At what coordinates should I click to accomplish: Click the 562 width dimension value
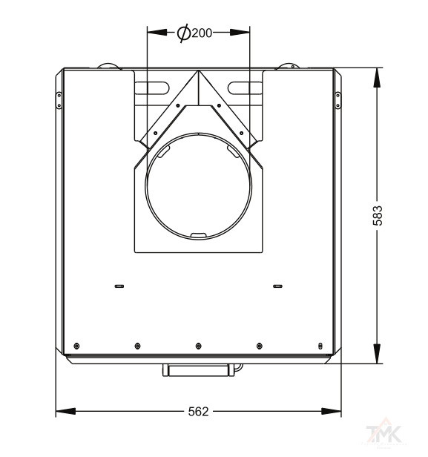[198, 412]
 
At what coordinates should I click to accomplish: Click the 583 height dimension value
[378, 216]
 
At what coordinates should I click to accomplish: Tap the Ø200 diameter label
[194, 33]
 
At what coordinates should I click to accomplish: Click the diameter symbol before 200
[184, 34]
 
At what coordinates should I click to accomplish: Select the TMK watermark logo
[384, 433]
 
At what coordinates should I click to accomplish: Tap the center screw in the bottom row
[198, 346]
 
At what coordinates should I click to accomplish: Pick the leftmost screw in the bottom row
[76, 346]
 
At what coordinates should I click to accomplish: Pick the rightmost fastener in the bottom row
[320, 346]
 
